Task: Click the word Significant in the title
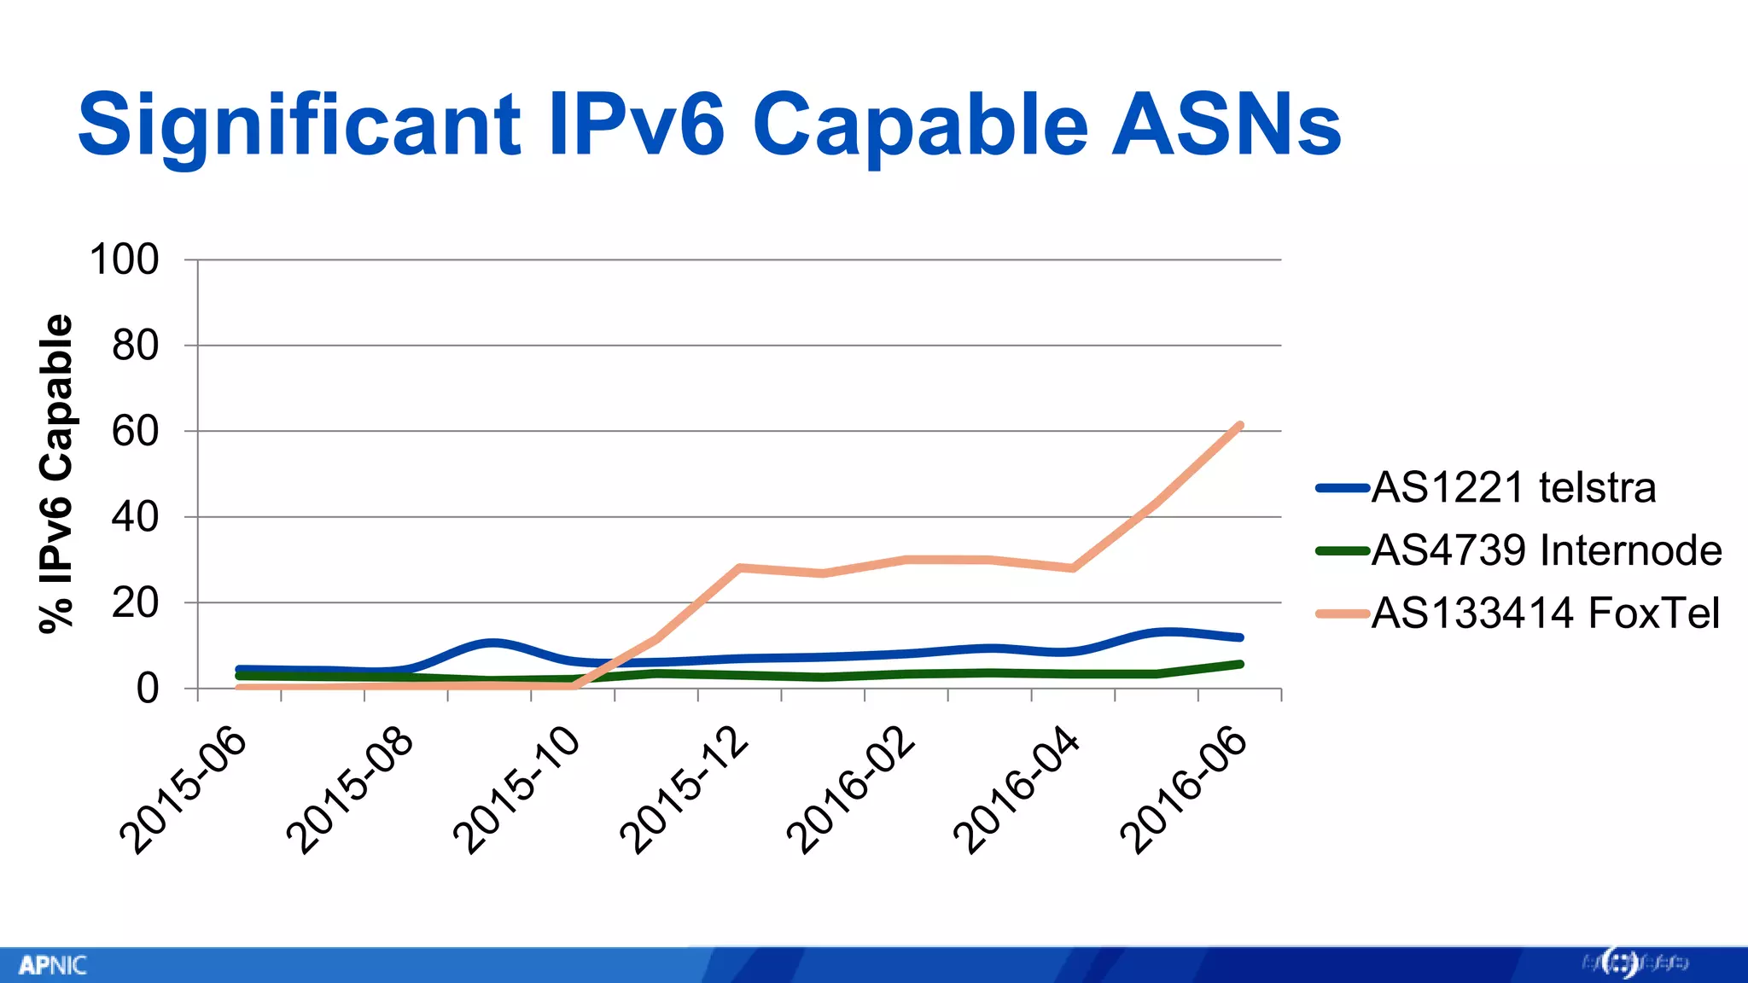click(x=299, y=126)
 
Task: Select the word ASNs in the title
click(x=1227, y=126)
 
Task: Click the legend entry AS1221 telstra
click(x=1512, y=488)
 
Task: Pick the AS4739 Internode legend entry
click(x=1546, y=550)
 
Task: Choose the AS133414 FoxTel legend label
click(x=1545, y=613)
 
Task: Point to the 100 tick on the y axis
click(x=125, y=259)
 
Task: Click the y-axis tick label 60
click(x=135, y=432)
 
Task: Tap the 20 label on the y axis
click(x=135, y=603)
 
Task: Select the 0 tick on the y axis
click(x=147, y=689)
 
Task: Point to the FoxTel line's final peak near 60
click(x=1239, y=425)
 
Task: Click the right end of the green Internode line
click(x=1239, y=664)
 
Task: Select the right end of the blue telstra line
click(x=1239, y=637)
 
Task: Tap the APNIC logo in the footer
click(x=53, y=965)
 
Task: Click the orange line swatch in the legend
click(x=1343, y=614)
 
